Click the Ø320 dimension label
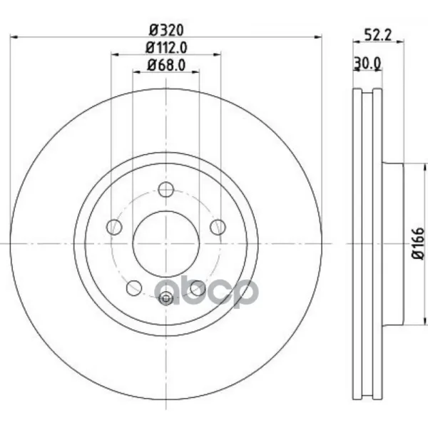click(166, 30)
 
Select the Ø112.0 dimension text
click(166, 48)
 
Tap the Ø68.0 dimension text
click(166, 65)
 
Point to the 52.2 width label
click(378, 35)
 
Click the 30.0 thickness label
click(367, 63)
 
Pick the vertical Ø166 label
click(418, 244)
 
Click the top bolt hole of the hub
click(166, 189)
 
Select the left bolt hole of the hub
click(114, 227)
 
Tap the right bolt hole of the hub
click(218, 227)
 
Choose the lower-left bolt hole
click(134, 287)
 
